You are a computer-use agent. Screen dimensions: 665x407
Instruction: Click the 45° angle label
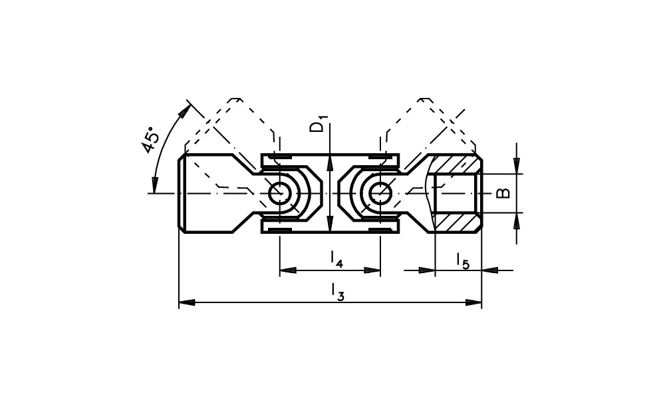(x=151, y=140)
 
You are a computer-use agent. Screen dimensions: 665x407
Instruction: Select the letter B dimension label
(x=503, y=193)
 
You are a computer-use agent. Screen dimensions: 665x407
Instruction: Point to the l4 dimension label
(x=336, y=260)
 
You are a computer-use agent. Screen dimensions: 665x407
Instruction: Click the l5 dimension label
(x=463, y=261)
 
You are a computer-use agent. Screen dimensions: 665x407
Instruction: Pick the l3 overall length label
(x=338, y=292)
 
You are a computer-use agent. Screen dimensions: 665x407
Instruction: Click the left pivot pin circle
(x=279, y=193)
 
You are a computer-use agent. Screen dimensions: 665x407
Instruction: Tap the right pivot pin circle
(x=380, y=193)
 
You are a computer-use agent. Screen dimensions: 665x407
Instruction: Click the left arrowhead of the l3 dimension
(x=187, y=302)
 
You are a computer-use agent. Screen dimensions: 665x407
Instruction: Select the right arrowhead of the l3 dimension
(x=473, y=302)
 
